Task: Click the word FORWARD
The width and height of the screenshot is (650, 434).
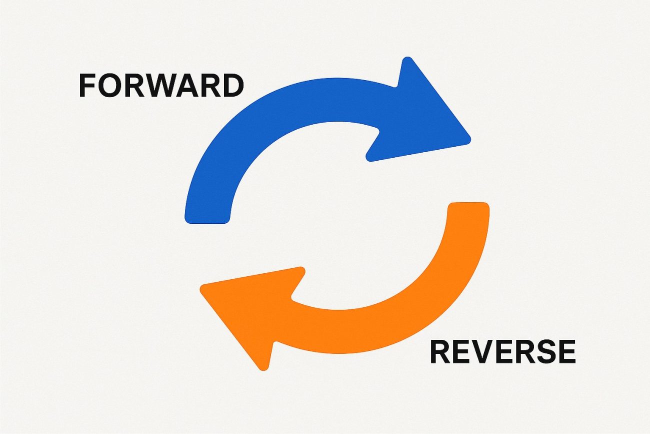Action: pyautogui.click(x=161, y=86)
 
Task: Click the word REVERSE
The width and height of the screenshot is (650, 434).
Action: pyautogui.click(x=502, y=351)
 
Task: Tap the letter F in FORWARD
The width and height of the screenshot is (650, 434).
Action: pyautogui.click(x=87, y=86)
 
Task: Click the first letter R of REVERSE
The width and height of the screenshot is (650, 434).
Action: pyautogui.click(x=440, y=351)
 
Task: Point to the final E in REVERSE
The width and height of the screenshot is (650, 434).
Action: pyautogui.click(x=566, y=351)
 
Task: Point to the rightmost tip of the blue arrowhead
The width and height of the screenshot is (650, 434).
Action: pyautogui.click(x=468, y=140)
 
